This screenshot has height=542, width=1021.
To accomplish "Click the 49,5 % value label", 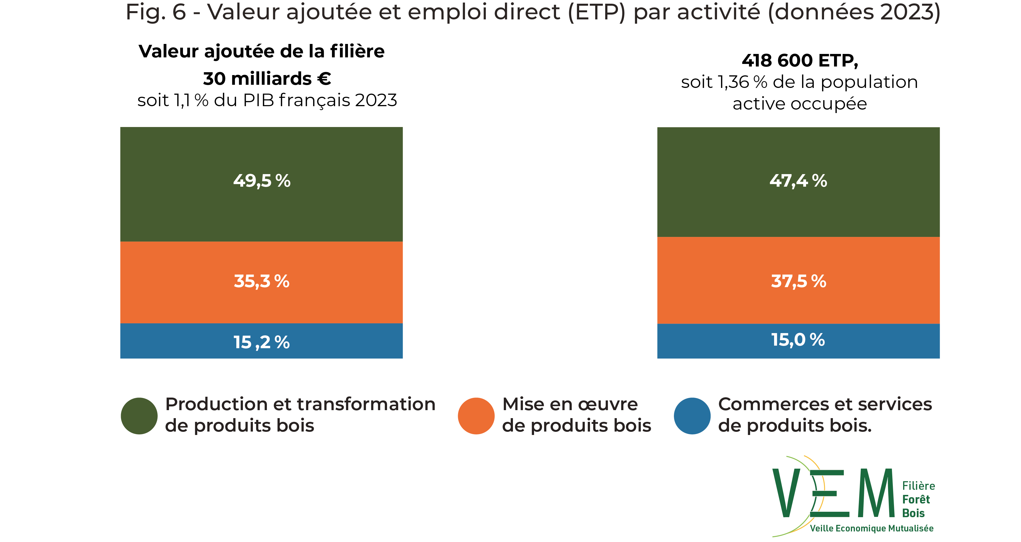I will (261, 181).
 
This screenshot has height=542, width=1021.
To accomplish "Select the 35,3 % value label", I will (261, 281).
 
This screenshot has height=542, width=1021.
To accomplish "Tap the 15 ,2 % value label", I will (261, 342).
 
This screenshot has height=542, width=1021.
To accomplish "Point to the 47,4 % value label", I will (798, 181).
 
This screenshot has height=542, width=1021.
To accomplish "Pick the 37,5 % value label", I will (798, 281).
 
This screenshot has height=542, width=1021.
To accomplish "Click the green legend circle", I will (139, 416).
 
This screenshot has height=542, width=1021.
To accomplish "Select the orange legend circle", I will (476, 416).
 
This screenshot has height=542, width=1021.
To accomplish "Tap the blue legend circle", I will (692, 416).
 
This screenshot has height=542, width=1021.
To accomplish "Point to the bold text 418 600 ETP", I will (800, 61).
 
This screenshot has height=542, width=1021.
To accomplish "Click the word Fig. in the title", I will (145, 13).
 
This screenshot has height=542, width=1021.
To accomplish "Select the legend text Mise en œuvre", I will (570, 404).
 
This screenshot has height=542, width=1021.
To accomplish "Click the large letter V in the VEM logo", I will (786, 493).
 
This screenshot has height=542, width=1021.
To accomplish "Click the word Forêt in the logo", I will (916, 499).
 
